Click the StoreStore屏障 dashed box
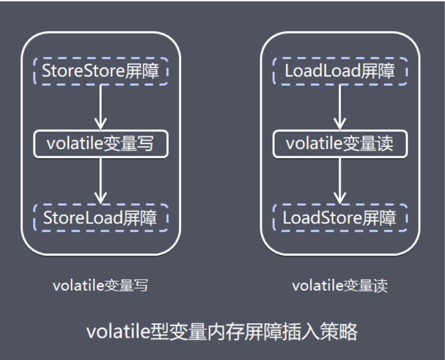point(101,71)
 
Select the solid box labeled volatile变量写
point(101,144)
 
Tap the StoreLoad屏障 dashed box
point(101,217)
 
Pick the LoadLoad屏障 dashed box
point(340,71)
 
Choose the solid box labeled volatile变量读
point(340,144)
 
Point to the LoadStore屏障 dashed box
point(340,217)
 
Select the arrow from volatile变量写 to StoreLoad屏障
point(101,180)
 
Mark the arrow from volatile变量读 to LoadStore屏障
point(340,180)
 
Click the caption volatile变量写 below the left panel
point(101,286)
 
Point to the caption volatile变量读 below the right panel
point(340,286)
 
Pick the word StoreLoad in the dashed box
point(83,217)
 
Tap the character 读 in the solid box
point(385,144)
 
